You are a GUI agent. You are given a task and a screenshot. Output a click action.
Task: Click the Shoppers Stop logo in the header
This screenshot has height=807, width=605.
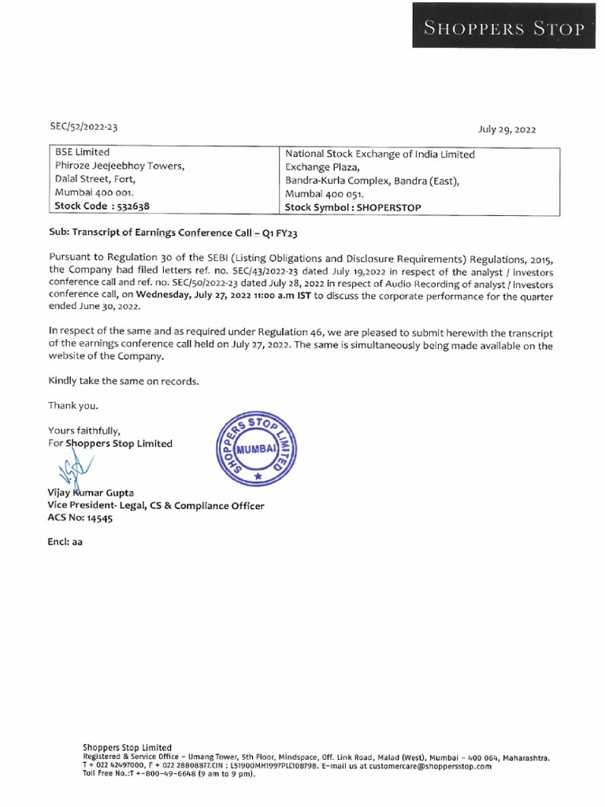coord(505,30)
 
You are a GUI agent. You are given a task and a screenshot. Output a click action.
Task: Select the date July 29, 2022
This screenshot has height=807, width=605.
coord(507,129)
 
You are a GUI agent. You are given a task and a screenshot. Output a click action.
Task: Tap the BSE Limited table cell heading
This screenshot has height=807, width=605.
coord(82,152)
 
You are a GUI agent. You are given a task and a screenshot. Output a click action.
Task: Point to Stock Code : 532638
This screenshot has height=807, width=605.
coord(102,206)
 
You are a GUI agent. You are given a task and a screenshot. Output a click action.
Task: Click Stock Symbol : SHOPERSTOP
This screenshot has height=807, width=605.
coord(353,207)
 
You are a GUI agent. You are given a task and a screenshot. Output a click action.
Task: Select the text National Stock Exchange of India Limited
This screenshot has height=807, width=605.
coord(380,154)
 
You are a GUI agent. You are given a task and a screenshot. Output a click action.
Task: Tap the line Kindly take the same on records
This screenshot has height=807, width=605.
coord(124,381)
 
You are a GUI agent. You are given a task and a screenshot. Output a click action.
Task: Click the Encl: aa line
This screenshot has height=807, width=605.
coord(65,543)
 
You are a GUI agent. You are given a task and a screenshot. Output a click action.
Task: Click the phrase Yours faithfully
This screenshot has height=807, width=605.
coord(84,430)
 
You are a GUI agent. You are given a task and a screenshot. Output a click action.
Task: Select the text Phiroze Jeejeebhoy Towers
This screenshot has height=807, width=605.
coord(119,165)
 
